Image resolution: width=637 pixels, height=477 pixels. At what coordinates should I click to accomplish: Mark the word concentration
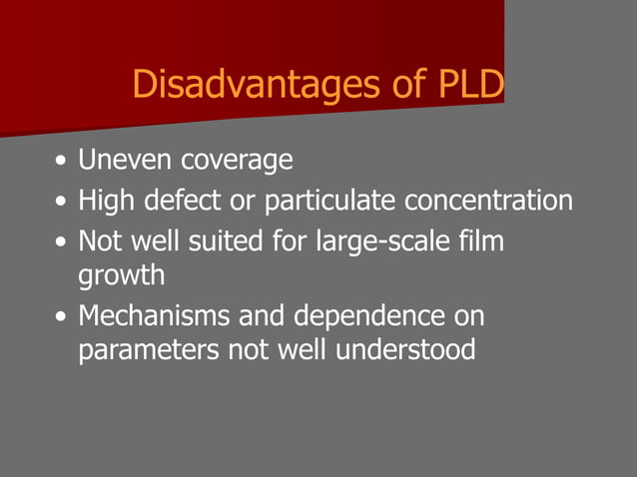pyautogui.click(x=489, y=201)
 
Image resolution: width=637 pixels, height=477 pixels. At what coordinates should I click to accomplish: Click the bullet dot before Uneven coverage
pyautogui.click(x=63, y=161)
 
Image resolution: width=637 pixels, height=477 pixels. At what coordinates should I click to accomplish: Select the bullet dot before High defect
pyautogui.click(x=63, y=202)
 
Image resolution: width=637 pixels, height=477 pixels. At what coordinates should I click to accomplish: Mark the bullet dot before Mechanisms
pyautogui.click(x=63, y=317)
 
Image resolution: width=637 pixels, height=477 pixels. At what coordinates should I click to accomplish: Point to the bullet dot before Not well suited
pyautogui.click(x=63, y=242)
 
